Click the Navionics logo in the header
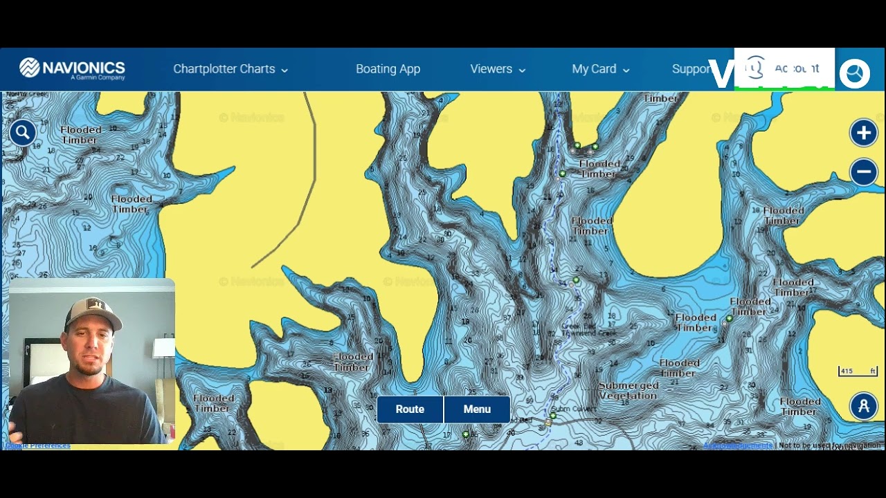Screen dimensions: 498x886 [x=72, y=68]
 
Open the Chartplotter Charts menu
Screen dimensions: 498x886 [x=230, y=69]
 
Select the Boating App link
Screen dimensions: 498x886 [x=388, y=69]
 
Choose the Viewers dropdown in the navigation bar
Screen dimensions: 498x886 [x=498, y=69]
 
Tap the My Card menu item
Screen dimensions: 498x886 [x=600, y=69]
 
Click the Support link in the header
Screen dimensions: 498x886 [x=691, y=69]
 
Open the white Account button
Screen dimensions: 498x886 [x=784, y=68]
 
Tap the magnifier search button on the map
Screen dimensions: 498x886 [x=22, y=132]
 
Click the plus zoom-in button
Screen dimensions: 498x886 [x=863, y=133]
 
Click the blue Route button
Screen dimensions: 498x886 [x=410, y=409]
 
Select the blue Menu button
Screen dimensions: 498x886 [x=477, y=409]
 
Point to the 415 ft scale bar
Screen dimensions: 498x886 [x=858, y=371]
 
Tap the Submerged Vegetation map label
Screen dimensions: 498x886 [x=628, y=391]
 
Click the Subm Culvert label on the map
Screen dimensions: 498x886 [x=572, y=409]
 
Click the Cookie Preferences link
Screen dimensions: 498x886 [x=38, y=446]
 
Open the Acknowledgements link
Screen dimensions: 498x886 [x=737, y=446]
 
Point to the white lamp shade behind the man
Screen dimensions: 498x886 [x=165, y=347]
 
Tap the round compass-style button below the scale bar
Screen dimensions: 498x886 [x=863, y=407]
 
